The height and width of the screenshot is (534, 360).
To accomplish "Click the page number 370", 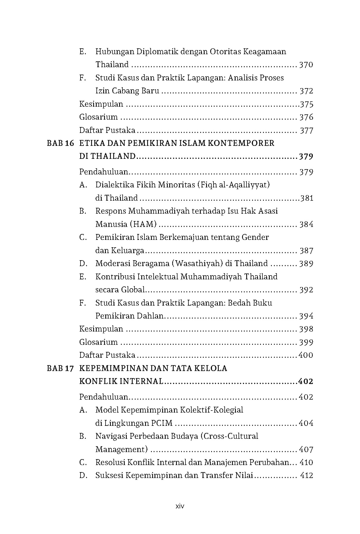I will pyautogui.click(x=306, y=65).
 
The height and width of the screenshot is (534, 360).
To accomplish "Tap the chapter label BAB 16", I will pyautogui.click(x=60, y=143).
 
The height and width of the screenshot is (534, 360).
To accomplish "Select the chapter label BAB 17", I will pyautogui.click(x=60, y=368).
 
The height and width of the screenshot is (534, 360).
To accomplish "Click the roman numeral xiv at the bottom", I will pyautogui.click(x=180, y=507).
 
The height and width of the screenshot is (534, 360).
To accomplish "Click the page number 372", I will pyautogui.click(x=306, y=91).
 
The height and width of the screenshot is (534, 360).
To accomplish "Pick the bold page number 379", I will pyautogui.click(x=306, y=156).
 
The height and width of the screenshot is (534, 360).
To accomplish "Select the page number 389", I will pyautogui.click(x=306, y=263).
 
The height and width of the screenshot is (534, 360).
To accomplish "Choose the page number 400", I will pyautogui.click(x=306, y=355).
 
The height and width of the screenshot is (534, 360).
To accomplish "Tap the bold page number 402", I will pyautogui.click(x=306, y=382).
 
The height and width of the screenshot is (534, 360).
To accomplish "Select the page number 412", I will pyautogui.click(x=306, y=475).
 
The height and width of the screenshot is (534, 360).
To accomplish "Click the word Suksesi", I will pyautogui.click(x=108, y=475).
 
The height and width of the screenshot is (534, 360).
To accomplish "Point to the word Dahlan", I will pyautogui.click(x=149, y=316).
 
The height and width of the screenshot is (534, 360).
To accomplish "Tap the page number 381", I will pyautogui.click(x=307, y=198).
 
